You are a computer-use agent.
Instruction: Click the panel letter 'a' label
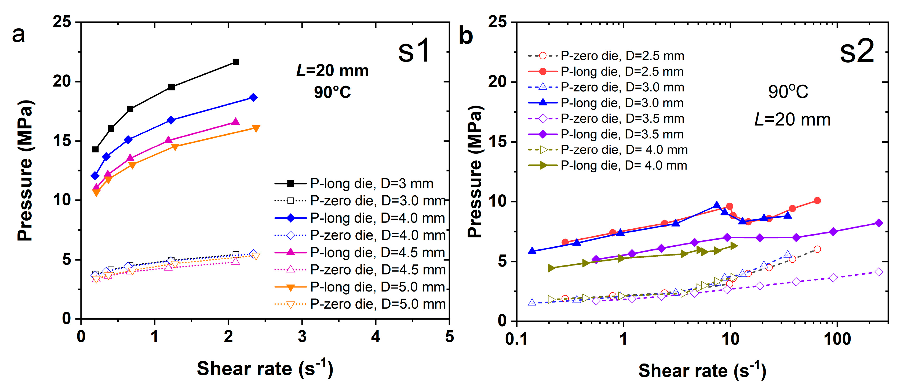(18, 35)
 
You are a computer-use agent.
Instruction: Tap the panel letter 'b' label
(465, 36)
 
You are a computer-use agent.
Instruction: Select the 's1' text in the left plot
(414, 51)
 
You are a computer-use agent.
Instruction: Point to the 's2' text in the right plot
(856, 52)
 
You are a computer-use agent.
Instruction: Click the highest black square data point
(236, 62)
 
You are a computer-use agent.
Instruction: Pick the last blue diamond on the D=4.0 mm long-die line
(253, 98)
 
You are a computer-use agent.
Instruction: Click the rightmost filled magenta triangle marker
(236, 121)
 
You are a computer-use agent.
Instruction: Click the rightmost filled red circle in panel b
(817, 200)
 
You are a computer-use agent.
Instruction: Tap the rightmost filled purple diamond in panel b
(879, 223)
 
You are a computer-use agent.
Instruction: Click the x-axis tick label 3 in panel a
(302, 337)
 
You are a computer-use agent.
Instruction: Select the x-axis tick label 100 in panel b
(837, 339)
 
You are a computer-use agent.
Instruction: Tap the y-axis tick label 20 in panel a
(62, 82)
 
